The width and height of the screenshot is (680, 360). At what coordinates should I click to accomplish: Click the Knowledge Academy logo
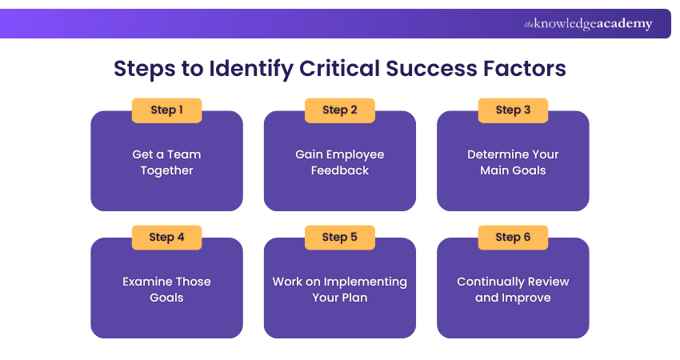click(x=588, y=24)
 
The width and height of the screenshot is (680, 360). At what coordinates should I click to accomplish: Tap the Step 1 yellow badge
click(x=166, y=110)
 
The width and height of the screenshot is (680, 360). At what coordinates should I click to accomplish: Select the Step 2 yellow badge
click(x=340, y=110)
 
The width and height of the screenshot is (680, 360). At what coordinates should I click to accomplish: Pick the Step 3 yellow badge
click(x=513, y=110)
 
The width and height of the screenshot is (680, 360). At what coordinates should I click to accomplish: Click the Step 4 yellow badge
click(x=166, y=238)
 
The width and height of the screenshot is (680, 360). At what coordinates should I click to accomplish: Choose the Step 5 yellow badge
click(x=340, y=238)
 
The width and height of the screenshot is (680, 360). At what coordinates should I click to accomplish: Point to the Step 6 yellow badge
click(x=513, y=238)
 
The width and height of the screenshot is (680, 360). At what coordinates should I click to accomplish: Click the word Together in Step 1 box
click(x=166, y=170)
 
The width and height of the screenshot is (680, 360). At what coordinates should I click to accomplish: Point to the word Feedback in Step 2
click(x=340, y=170)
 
